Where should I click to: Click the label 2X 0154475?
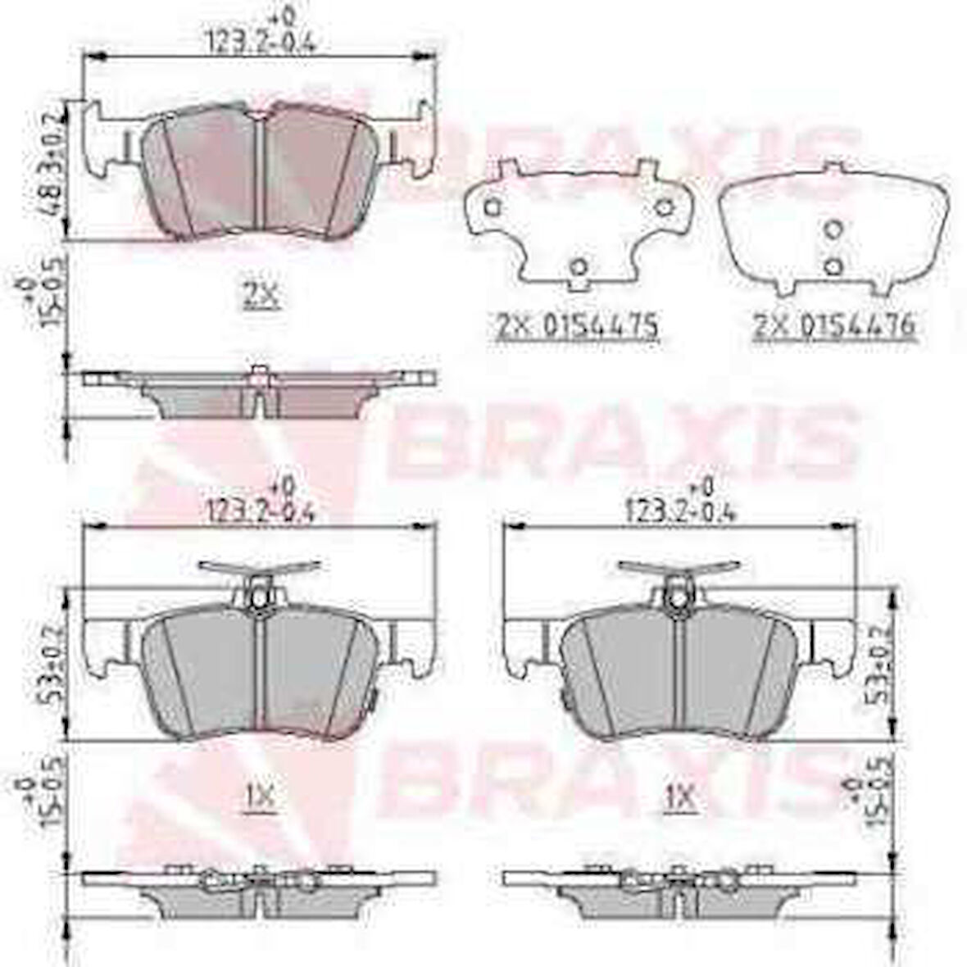[x=578, y=326]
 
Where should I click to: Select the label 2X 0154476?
[x=833, y=326]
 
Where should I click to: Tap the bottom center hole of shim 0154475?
[x=579, y=266]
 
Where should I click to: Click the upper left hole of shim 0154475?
[x=491, y=208]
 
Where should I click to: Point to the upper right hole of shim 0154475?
[x=662, y=208]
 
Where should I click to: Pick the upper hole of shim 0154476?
[x=833, y=229]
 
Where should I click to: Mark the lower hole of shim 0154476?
[x=833, y=265]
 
